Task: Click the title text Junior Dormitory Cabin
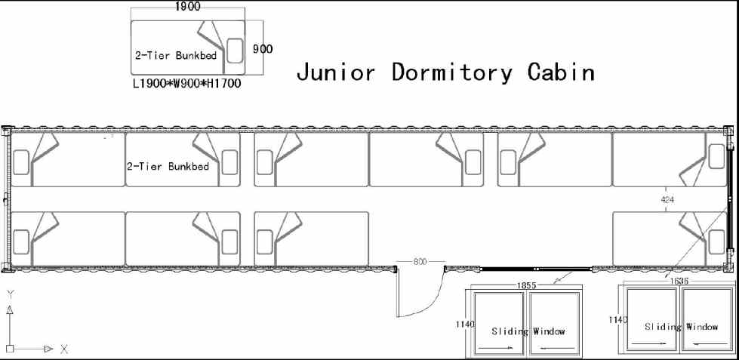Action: coord(445,72)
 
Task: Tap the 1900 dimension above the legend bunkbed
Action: coord(188,7)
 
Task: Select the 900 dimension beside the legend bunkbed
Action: coord(263,49)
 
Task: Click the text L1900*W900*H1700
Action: coord(186,84)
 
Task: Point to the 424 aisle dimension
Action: coord(667,199)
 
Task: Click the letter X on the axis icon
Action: coord(64,349)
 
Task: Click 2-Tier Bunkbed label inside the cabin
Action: coord(168,165)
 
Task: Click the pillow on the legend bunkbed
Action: coord(234,50)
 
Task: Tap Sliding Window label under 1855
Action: coord(528,331)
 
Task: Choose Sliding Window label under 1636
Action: coord(682,327)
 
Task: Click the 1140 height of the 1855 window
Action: coord(465,324)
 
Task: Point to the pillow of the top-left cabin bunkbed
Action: coord(21,160)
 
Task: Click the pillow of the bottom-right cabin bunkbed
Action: coord(716,242)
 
